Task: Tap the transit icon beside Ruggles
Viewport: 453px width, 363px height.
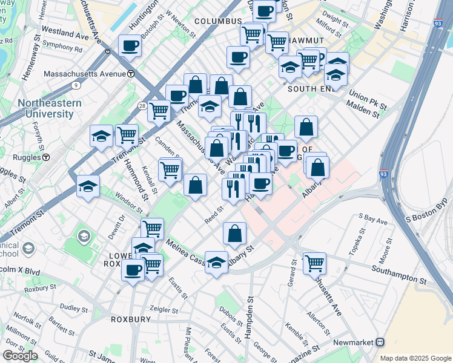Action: [47, 157]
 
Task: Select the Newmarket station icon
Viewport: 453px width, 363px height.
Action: [380, 342]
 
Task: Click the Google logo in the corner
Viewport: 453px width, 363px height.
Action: [20, 356]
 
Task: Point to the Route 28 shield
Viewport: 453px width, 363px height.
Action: [141, 105]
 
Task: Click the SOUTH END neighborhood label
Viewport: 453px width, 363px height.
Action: [311, 89]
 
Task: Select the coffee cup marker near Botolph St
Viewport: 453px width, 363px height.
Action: [130, 45]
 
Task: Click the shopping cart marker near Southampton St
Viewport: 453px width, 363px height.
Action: [314, 263]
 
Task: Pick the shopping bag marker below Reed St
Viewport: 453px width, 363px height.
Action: [235, 233]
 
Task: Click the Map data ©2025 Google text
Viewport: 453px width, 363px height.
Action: [415, 358]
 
